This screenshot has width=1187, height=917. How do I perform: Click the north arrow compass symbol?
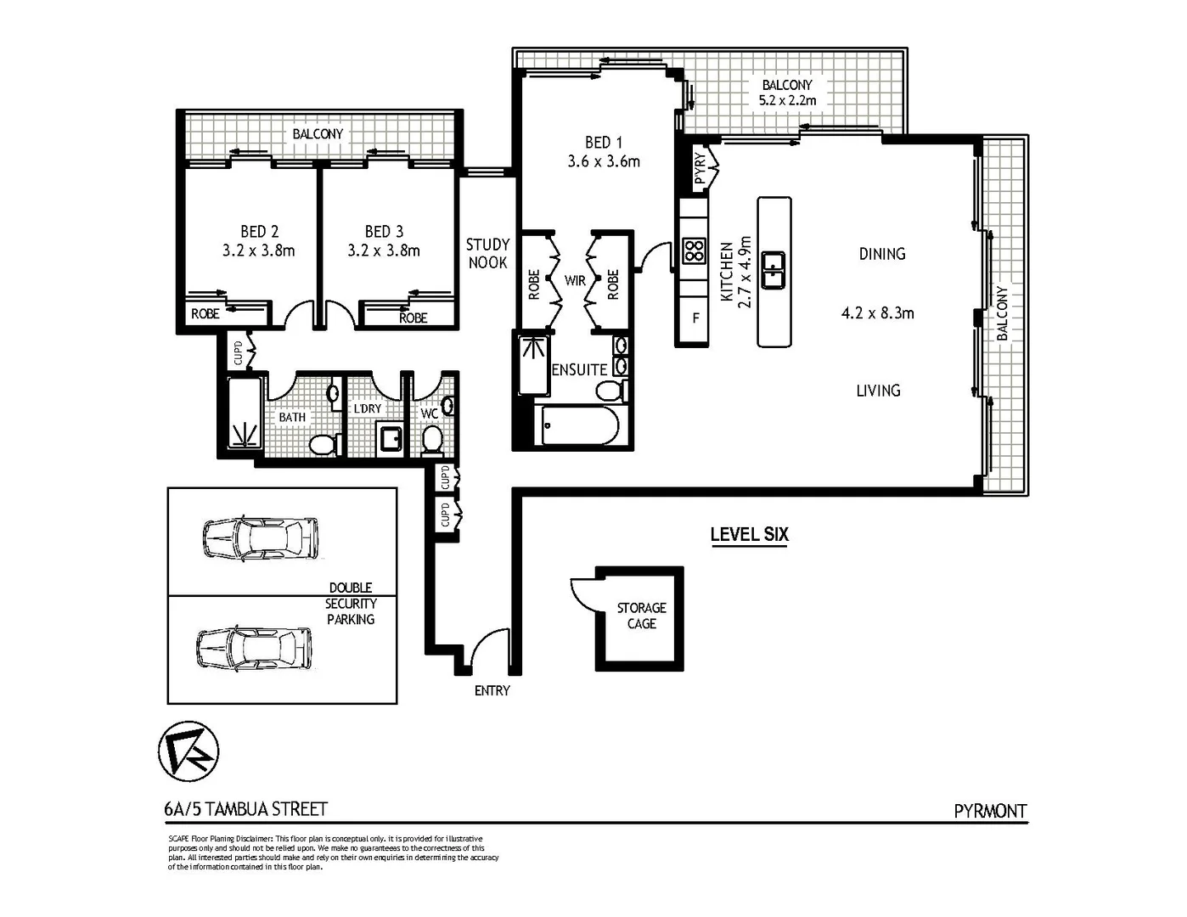point(188,751)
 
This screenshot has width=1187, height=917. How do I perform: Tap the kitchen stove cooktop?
point(695,250)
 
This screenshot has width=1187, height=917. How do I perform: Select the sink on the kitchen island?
point(773,271)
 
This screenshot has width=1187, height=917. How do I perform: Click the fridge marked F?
point(695,319)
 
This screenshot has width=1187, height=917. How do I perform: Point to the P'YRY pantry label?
point(700,168)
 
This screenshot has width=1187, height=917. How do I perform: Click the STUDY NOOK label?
point(487,254)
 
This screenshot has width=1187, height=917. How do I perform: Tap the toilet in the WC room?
point(432,440)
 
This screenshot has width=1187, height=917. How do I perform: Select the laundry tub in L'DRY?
point(391,439)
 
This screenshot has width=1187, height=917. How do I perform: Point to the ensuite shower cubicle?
point(533,364)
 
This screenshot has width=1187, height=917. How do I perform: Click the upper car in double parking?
point(260,537)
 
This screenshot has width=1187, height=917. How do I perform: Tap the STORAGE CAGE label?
point(641,616)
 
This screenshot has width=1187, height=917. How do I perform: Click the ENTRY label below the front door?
point(492,691)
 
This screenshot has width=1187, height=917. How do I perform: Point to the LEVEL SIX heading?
point(749,535)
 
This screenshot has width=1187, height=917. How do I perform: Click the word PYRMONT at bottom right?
point(990,811)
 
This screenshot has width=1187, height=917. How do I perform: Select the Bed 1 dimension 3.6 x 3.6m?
point(604,161)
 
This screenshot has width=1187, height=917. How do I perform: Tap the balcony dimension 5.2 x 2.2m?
point(787,100)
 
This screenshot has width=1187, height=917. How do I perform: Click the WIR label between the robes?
point(575,280)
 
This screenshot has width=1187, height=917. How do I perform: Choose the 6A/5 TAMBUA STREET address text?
point(246,810)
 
